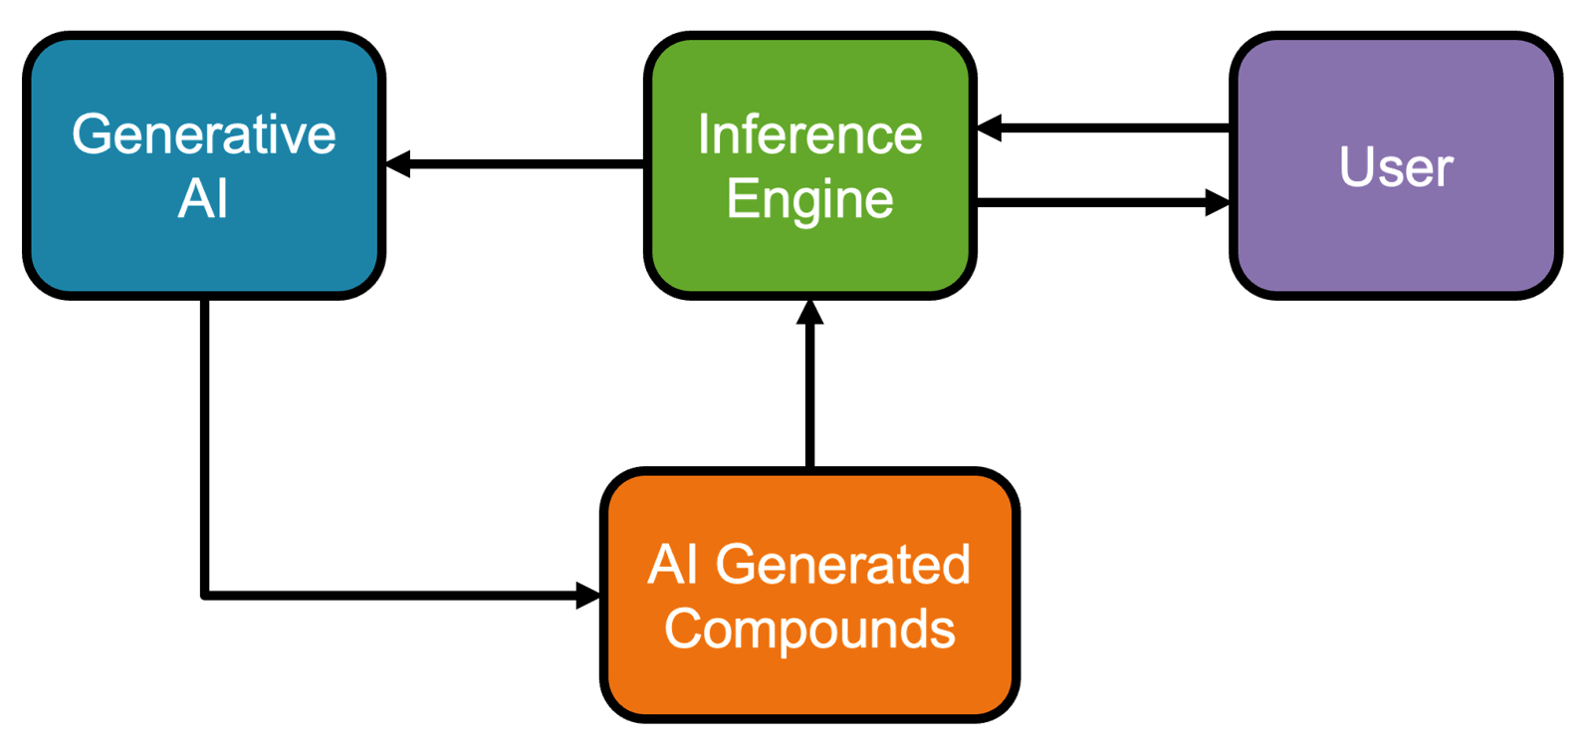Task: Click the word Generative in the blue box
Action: click(x=203, y=134)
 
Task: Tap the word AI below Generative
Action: click(x=203, y=198)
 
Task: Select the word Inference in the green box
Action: click(x=809, y=134)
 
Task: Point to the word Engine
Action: click(x=809, y=200)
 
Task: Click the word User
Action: click(x=1396, y=166)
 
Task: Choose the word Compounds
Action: click(x=809, y=629)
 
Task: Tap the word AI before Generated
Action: click(x=672, y=565)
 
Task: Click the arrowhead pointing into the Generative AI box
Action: click(x=397, y=164)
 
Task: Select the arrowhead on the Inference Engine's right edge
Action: click(x=989, y=128)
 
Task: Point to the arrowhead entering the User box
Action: click(x=1216, y=203)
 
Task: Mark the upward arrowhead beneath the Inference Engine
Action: click(x=810, y=312)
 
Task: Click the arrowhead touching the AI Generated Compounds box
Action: click(x=587, y=597)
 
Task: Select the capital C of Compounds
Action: click(x=682, y=629)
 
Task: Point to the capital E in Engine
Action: click(x=740, y=198)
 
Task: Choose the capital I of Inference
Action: click(x=703, y=134)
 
